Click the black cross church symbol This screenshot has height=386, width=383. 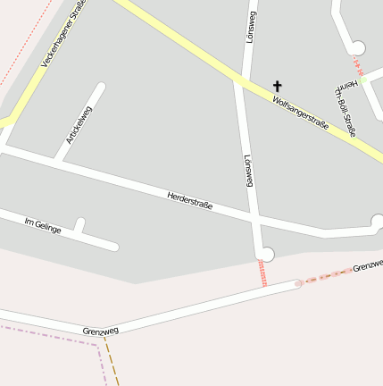click(x=278, y=86)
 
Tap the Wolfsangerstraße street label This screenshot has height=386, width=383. click(x=301, y=113)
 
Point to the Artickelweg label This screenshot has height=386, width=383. click(x=79, y=125)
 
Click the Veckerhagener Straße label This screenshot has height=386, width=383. click(x=63, y=35)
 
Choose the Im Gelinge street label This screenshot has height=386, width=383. click(x=43, y=225)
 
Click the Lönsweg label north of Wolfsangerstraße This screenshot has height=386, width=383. click(x=251, y=27)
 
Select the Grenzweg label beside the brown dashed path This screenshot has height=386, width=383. click(x=100, y=331)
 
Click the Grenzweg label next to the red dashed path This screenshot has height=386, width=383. click(x=367, y=266)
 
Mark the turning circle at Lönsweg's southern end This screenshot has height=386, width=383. click(x=266, y=255)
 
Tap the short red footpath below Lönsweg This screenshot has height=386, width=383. click(x=262, y=273)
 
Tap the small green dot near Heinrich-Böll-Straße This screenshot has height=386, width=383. click(x=363, y=80)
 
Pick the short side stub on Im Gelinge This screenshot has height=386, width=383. click(x=79, y=225)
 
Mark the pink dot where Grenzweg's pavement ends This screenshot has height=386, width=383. click(x=299, y=283)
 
